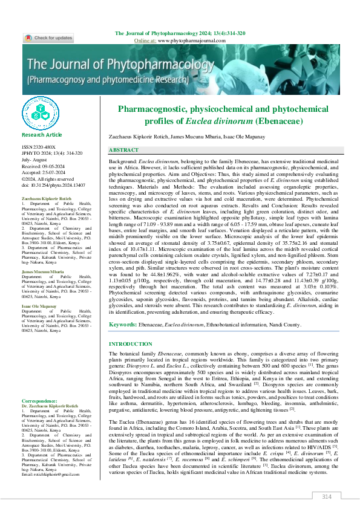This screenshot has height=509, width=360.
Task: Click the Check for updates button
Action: point(48,38)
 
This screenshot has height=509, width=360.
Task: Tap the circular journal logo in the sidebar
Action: point(41,114)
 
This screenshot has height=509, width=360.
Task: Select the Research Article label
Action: point(42,135)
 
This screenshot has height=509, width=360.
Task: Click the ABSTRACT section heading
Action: point(123,149)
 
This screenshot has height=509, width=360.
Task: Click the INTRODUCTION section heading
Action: point(130,344)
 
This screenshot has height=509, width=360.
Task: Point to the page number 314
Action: point(326,496)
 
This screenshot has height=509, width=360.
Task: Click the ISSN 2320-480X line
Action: point(38,147)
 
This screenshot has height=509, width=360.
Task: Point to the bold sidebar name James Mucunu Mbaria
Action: point(42,272)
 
